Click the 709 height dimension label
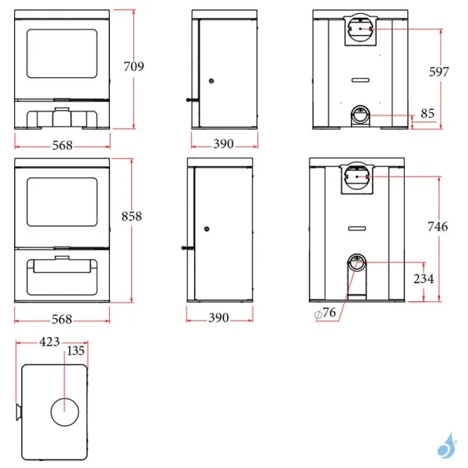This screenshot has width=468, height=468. tap(134, 67)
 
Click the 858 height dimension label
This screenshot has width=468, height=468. tap(132, 216)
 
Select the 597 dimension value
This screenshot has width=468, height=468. tap(439, 72)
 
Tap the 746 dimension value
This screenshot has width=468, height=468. tap(438, 227)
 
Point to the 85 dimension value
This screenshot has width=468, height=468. tap(427, 114)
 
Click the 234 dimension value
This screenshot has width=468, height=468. tap(424, 278)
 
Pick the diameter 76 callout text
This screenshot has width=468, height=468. tap(326, 313)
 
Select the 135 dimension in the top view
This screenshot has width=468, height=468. tap(76, 351)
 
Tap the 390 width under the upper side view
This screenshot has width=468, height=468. tap(224, 144)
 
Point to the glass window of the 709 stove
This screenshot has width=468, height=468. tap(63, 54)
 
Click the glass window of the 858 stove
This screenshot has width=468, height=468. tap(62, 206)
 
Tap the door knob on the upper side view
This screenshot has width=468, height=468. tap(211, 81)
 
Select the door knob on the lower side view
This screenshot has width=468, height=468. tap(207, 229)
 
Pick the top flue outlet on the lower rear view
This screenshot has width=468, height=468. tap(357, 179)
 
